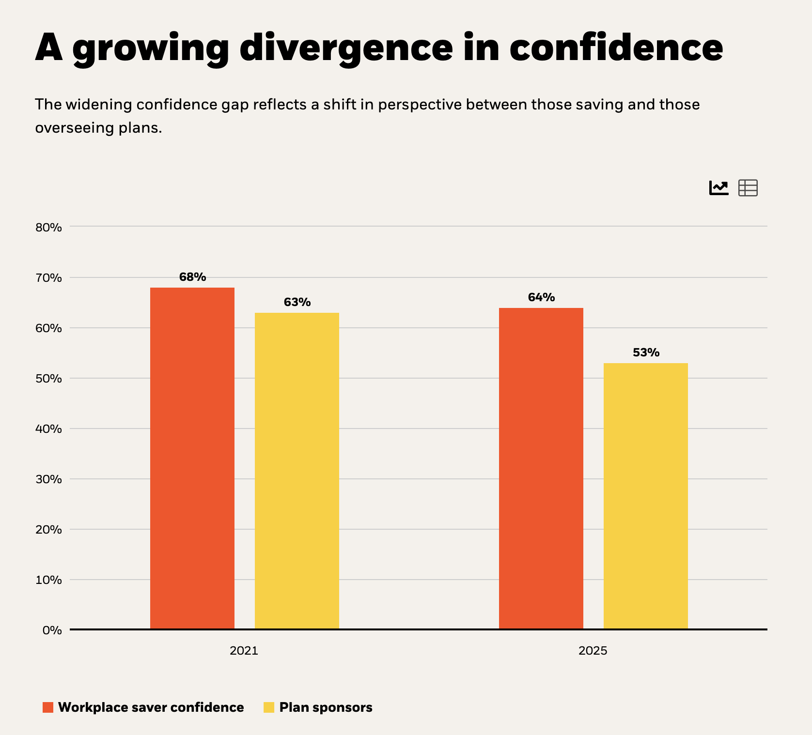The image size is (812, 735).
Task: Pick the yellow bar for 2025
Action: click(646, 496)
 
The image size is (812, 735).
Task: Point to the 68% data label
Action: click(192, 277)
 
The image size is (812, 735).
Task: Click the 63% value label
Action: click(297, 302)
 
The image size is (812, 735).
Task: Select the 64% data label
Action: click(541, 297)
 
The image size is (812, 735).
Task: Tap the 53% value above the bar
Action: click(646, 352)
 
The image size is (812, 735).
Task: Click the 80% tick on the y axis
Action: click(48, 227)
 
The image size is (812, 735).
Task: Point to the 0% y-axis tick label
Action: click(52, 630)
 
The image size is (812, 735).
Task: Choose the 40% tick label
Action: click(48, 429)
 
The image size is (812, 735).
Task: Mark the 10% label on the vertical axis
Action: click(48, 580)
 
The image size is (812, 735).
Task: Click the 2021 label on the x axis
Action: click(244, 650)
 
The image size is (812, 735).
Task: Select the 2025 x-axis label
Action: click(593, 650)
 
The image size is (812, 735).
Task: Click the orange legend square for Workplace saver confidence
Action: click(48, 707)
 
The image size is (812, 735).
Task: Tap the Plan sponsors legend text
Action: click(326, 707)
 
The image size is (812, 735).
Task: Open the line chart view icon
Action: click(719, 187)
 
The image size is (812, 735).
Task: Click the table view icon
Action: click(748, 187)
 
